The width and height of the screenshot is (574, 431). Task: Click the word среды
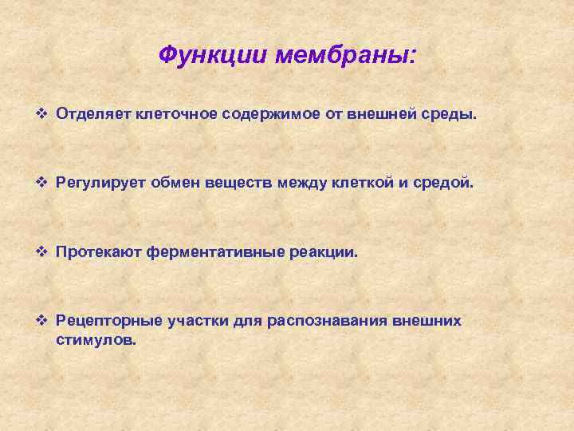pyautogui.click(x=450, y=114)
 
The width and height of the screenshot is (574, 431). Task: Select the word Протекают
pyautogui.click(x=96, y=252)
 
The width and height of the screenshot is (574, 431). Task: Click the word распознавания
pyautogui.click(x=324, y=321)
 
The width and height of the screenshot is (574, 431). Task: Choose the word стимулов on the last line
pyautogui.click(x=96, y=339)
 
